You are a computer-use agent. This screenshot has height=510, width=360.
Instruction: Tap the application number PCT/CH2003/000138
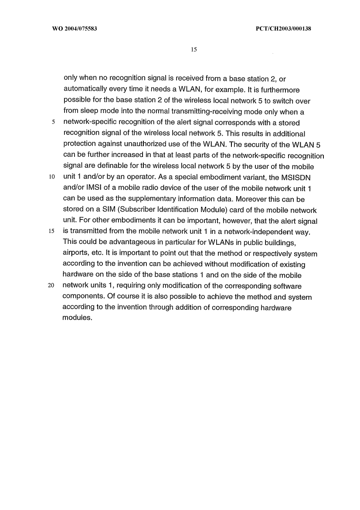(282, 29)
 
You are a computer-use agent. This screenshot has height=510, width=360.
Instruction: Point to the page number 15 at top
(194, 50)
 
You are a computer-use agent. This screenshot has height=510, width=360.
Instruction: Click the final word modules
(78, 318)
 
